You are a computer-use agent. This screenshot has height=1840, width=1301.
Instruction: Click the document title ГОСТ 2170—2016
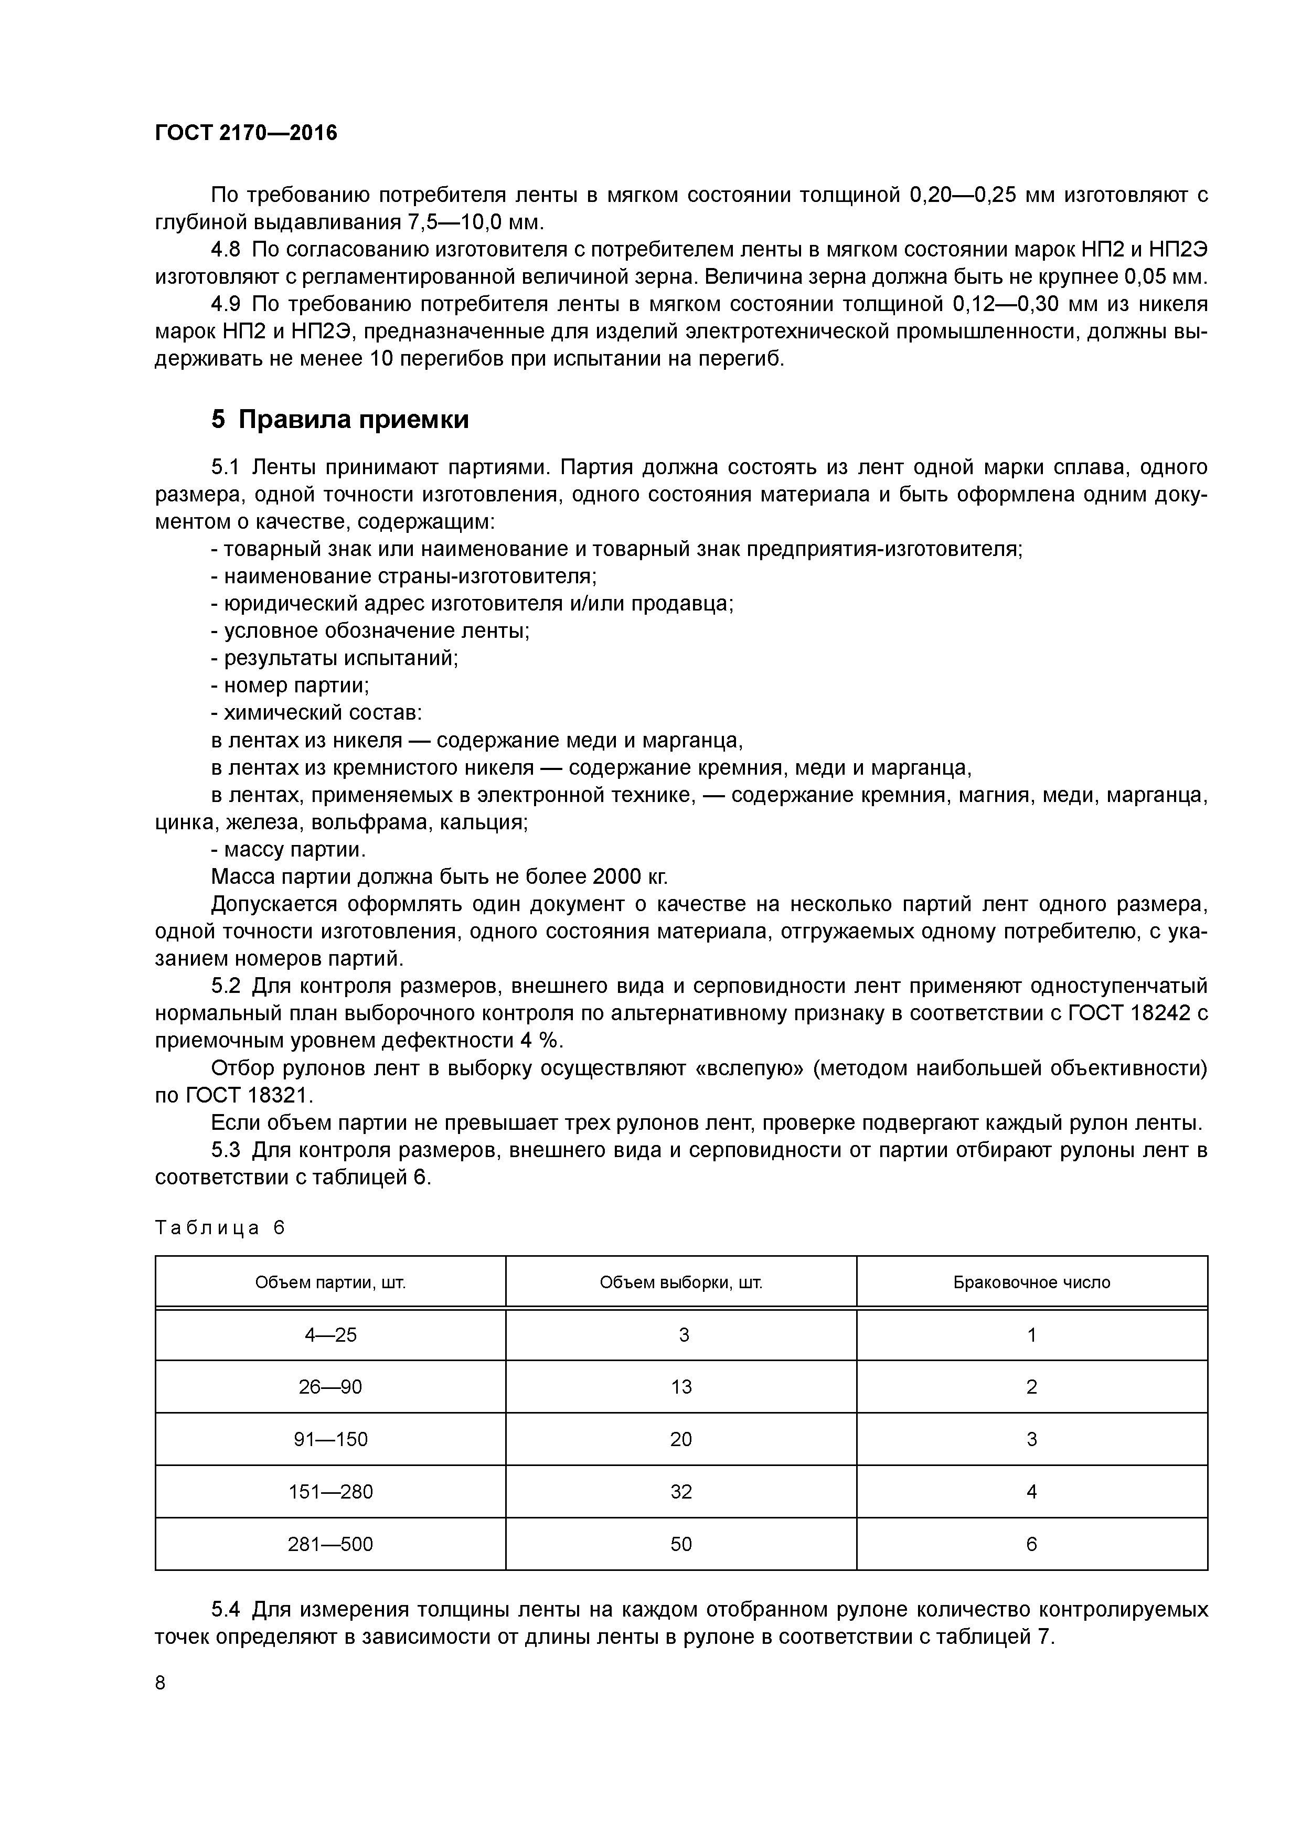click(246, 133)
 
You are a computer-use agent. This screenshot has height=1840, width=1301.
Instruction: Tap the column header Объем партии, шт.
click(330, 1282)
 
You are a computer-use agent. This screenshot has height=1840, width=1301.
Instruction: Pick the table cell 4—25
click(330, 1334)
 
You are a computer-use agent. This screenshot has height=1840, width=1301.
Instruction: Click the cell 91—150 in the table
click(330, 1439)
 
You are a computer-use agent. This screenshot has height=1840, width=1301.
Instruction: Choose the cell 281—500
click(330, 1544)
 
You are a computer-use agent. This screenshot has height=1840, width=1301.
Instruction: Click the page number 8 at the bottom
click(161, 1683)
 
